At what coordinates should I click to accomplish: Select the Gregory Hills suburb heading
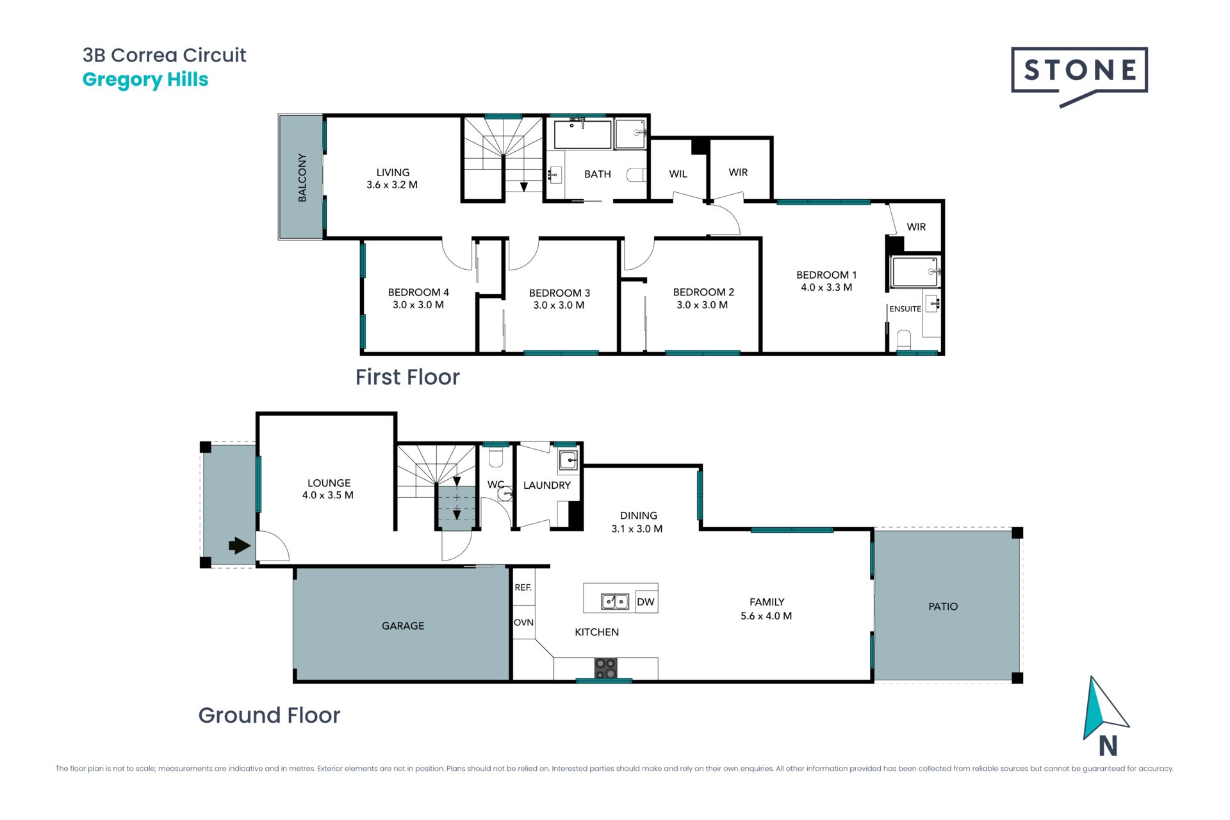click(145, 80)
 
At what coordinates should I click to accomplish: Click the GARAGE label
click(403, 626)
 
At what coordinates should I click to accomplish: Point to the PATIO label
click(943, 607)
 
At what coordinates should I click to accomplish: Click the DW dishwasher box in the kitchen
click(646, 602)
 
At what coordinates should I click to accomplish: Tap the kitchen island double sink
click(614, 602)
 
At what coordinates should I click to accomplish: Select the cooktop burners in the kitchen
click(605, 668)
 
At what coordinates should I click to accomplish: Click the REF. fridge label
click(523, 587)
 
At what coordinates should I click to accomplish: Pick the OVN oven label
click(523, 623)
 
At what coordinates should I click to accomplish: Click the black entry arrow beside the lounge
click(240, 546)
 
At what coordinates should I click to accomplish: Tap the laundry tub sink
click(568, 460)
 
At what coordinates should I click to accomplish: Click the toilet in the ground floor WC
click(496, 457)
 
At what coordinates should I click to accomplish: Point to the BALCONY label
click(302, 177)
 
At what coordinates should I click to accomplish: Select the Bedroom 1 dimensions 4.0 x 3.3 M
click(826, 288)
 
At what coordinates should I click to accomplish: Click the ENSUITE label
click(905, 309)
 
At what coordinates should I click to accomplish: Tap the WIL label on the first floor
click(678, 174)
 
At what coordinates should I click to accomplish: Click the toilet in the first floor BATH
click(636, 175)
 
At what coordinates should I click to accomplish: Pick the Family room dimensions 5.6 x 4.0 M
click(766, 616)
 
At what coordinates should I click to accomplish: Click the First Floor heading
click(407, 377)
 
